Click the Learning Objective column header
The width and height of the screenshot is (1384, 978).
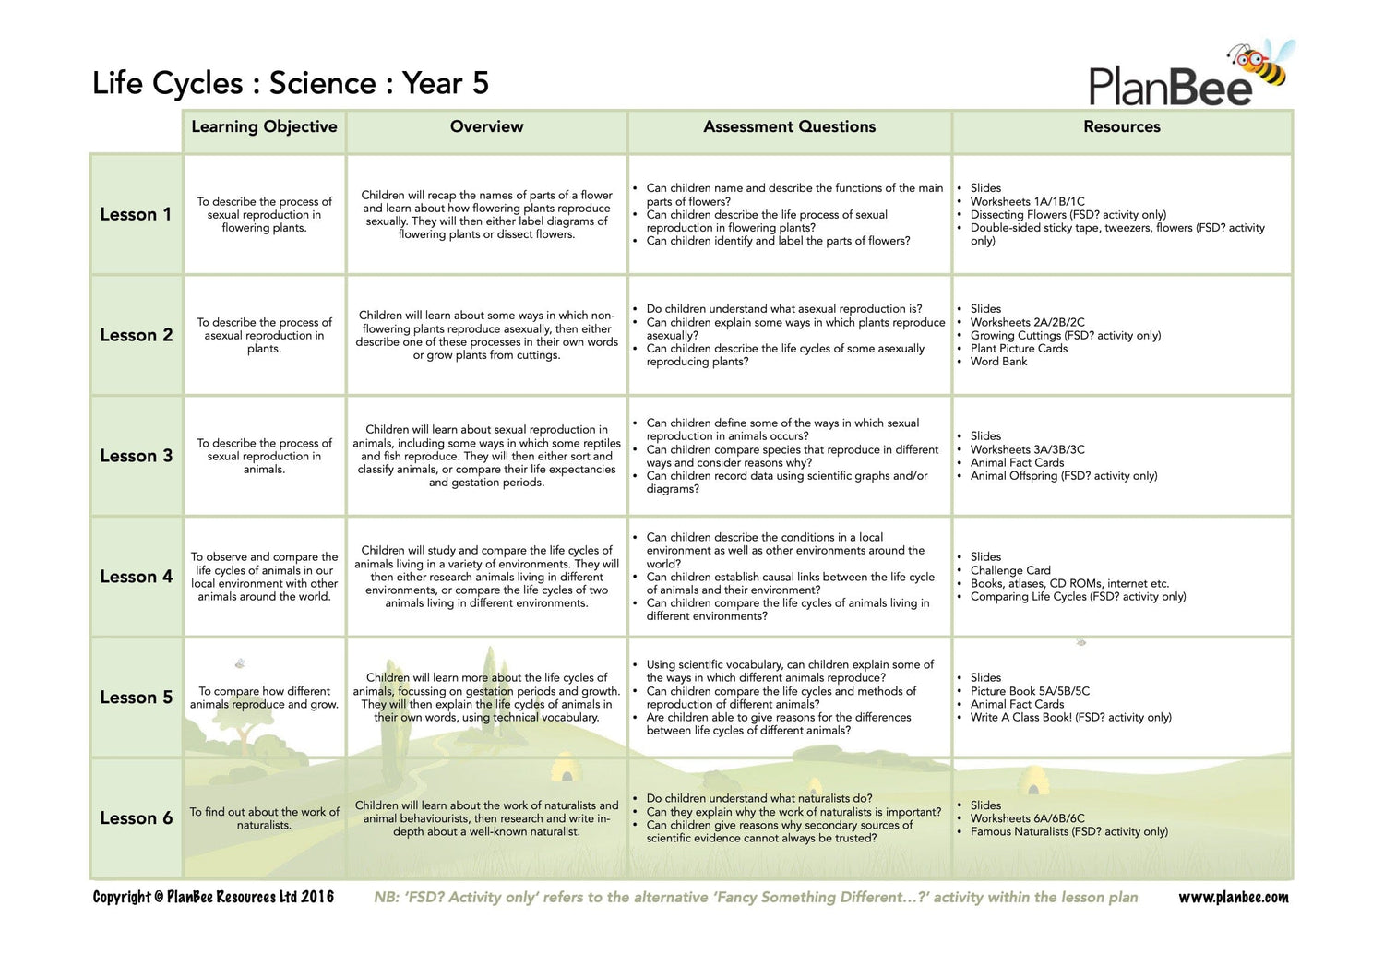(264, 127)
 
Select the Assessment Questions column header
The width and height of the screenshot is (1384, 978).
(789, 127)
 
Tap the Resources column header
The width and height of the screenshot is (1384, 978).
(1121, 127)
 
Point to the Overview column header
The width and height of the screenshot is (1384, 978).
(486, 127)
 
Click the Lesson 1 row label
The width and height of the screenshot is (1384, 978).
(136, 214)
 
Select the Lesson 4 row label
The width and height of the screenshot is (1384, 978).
(136, 577)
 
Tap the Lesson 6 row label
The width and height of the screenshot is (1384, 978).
(136, 818)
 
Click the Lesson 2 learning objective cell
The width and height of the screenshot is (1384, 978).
(264, 335)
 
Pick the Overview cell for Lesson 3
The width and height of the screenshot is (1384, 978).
(486, 456)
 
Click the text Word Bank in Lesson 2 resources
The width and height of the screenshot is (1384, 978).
(998, 362)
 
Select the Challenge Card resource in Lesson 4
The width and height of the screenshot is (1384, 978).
(1010, 570)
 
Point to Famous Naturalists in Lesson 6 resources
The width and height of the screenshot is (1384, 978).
(1068, 831)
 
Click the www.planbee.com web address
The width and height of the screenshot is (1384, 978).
(1233, 898)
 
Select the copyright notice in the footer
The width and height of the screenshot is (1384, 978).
(213, 898)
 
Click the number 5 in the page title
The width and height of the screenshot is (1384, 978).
(480, 83)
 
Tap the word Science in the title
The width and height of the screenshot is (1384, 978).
(323, 83)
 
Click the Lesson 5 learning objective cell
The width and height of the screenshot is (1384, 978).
(264, 698)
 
